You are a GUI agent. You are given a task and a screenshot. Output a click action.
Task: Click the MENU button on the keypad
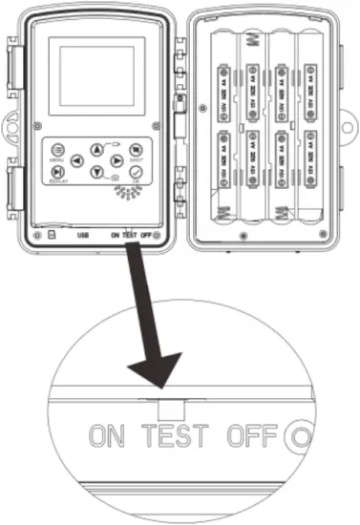coord(58,150)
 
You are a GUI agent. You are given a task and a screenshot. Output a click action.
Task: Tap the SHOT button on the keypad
coord(136,149)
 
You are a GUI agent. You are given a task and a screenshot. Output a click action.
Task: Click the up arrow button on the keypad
coord(97,149)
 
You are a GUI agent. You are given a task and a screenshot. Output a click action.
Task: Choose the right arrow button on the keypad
coord(116,160)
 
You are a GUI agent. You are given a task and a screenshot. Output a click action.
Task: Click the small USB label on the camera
coord(83,233)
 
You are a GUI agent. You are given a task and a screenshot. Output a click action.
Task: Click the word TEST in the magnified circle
coord(181,436)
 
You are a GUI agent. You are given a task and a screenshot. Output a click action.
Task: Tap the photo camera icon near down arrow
coord(116,179)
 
